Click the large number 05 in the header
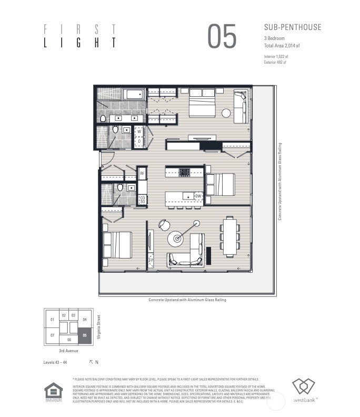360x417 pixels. [222, 36]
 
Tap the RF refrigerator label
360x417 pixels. [142, 173]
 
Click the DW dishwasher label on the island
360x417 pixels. [198, 196]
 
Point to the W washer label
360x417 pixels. [139, 132]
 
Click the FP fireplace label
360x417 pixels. [151, 260]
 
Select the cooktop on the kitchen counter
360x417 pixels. [184, 172]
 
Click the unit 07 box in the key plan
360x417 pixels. [52, 335]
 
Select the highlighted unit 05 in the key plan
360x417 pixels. [84, 335]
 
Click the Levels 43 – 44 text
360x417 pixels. [55, 362]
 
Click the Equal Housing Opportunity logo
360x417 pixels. [53, 392]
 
